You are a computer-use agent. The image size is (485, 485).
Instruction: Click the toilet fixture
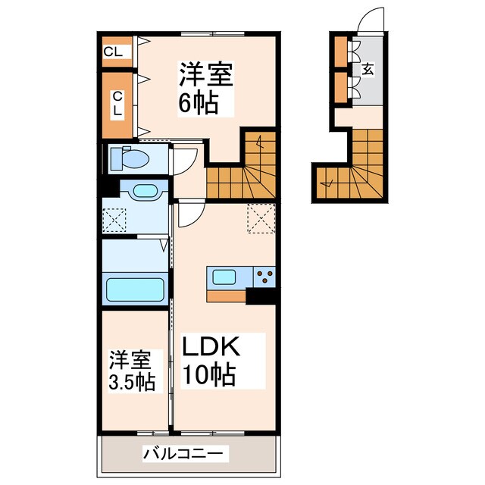pos(130,158)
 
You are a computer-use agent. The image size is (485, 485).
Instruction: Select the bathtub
pos(135,289)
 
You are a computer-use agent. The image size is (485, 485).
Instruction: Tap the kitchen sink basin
pos(224,277)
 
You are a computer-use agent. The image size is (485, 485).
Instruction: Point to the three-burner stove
pos(264,276)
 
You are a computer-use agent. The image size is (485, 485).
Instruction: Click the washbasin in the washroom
pos(145,191)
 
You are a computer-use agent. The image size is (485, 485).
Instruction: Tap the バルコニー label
pos(183,454)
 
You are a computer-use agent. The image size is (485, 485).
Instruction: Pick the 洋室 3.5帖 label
pos(132,371)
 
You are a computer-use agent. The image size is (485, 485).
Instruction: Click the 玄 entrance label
pos(368,69)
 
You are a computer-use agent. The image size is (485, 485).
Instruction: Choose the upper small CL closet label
pos(113,52)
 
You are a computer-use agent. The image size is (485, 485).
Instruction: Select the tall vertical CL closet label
pos(117,104)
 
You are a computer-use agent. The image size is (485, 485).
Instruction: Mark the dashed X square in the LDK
pos(261,218)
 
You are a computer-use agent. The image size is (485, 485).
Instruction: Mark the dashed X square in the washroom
pos(114,220)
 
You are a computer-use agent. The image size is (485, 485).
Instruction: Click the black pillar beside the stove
pos(261,296)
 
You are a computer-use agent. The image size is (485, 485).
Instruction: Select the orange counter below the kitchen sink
pos(226,296)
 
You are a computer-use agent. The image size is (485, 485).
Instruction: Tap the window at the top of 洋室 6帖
pos(212,33)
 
